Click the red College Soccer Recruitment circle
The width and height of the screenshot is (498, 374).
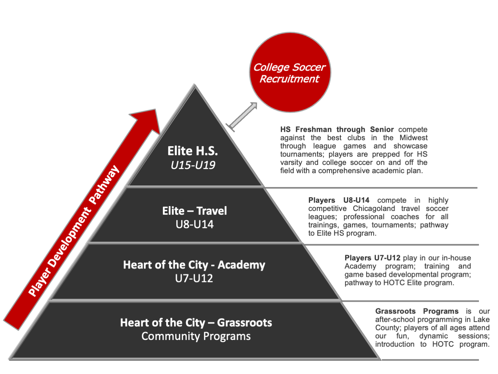click(x=290, y=73)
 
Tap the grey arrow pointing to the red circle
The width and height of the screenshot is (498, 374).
click(x=243, y=116)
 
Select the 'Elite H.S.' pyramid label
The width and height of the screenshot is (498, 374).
click(x=192, y=151)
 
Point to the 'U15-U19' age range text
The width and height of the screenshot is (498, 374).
click(x=193, y=165)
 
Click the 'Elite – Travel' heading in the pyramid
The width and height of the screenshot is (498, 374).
click(x=194, y=211)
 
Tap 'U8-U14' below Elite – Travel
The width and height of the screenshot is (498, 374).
click(x=194, y=224)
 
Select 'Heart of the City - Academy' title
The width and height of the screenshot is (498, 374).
click(x=194, y=265)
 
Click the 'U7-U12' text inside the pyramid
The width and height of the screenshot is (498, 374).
click(x=194, y=278)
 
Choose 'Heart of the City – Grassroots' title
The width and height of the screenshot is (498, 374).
click(x=196, y=322)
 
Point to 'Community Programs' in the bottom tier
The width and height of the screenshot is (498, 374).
click(x=196, y=336)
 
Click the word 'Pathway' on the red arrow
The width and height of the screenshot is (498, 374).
click(x=104, y=185)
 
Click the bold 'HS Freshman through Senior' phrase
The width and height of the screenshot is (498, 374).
click(x=337, y=129)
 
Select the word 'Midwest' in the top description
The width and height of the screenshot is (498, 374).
click(x=413, y=138)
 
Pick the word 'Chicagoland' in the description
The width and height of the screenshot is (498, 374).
click(x=374, y=208)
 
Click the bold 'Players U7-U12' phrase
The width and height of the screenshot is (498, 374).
click(x=372, y=258)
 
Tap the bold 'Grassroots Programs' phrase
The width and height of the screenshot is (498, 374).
click(x=417, y=311)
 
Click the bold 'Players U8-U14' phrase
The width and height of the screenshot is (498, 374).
click(x=338, y=200)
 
